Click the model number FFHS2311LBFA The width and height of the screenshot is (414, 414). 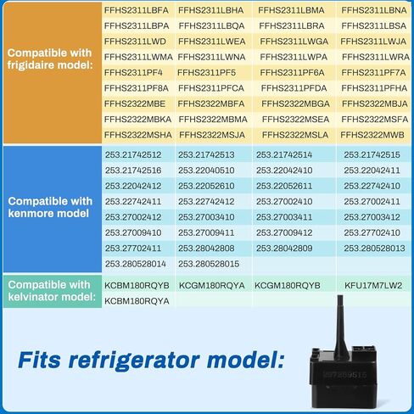tap(137, 10)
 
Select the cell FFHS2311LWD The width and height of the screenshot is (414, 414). tap(135, 42)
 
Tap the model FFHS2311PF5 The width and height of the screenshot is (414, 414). tap(206, 73)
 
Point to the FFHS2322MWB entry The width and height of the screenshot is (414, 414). tap(372, 135)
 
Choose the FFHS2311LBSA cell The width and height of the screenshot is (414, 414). tap(373, 26)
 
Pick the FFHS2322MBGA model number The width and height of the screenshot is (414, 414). tap(295, 103)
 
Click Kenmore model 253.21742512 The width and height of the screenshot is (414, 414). tap(133, 154)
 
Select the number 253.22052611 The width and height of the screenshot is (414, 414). tap(284, 186)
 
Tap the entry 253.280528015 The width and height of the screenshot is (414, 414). tap(209, 264)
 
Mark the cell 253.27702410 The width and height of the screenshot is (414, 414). tap(372, 232)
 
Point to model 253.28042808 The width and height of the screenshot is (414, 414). tap(206, 249)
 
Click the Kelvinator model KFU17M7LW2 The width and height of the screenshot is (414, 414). tap(373, 285)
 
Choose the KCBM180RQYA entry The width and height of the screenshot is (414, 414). tap(137, 301)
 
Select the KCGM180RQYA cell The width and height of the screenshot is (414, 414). tap(212, 285)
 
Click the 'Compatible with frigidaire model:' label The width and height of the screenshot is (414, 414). tap(50, 59)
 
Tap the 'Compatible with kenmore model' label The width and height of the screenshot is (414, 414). tap(50, 207)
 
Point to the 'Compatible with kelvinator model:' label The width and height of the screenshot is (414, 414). tap(52, 291)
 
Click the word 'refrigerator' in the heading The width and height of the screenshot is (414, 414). tap(134, 361)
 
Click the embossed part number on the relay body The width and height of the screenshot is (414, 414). tap(345, 375)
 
